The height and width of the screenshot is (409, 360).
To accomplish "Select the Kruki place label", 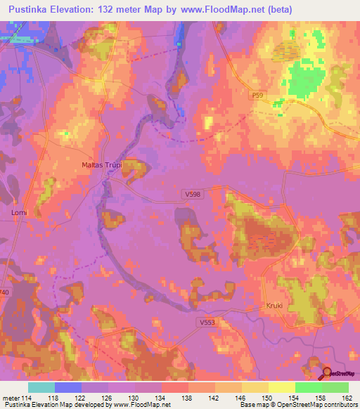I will point(275,306).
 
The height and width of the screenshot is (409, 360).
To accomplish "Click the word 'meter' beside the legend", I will point(11,398).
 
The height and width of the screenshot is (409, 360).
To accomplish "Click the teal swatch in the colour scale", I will point(41,387).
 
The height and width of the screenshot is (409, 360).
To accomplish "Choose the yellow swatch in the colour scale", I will point(282,387).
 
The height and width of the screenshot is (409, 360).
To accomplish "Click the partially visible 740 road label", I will point(6,292).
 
